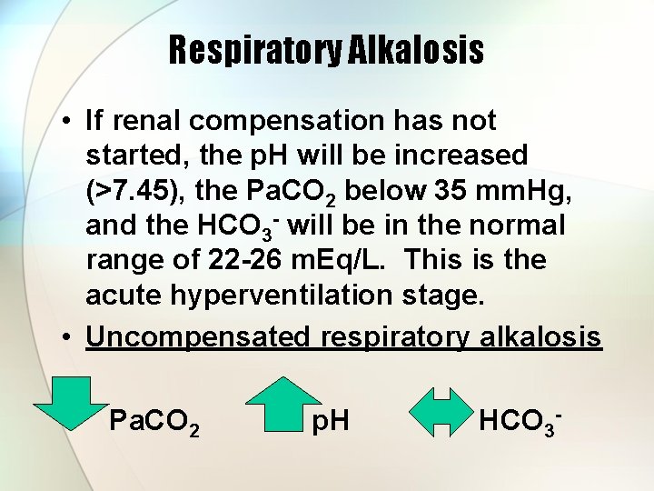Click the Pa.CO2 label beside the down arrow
tap(152, 422)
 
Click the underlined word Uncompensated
tap(198, 337)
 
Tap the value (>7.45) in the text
tap(138, 190)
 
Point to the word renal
tap(146, 120)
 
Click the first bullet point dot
tap(67, 121)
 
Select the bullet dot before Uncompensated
tap(67, 337)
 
